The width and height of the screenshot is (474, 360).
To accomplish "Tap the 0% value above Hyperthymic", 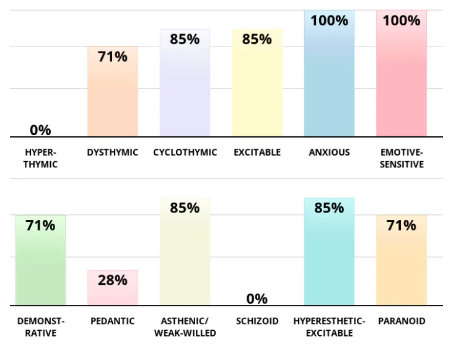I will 40,130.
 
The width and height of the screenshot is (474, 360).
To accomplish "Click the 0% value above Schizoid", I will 257,299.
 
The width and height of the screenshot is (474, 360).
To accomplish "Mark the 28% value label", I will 113,280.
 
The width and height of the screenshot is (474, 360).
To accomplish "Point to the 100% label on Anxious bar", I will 329,20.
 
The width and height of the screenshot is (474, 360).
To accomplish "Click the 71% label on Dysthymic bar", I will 113,57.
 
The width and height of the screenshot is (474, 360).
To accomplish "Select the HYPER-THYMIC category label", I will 40,158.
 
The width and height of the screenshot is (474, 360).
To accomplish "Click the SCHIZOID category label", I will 257,321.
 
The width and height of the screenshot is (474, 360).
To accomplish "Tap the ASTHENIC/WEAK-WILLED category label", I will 185,327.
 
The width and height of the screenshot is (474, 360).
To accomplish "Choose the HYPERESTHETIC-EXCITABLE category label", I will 329,327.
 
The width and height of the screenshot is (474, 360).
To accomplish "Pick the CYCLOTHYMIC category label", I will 185,152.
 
